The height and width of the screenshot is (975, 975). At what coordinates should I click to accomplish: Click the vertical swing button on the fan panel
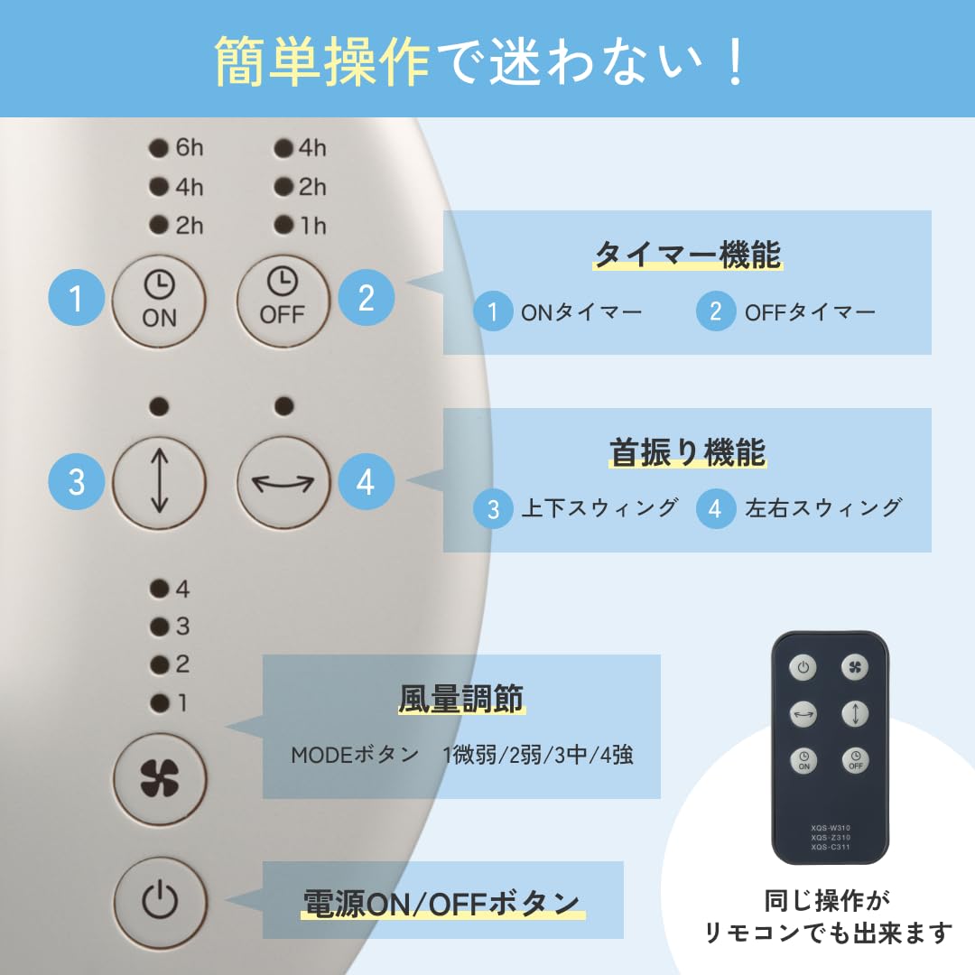159,481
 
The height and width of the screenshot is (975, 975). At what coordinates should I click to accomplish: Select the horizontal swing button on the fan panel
283,481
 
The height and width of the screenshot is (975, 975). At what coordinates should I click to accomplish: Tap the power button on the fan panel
159,900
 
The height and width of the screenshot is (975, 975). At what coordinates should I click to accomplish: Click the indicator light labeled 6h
160,148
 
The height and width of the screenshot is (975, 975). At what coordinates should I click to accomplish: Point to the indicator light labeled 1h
284,224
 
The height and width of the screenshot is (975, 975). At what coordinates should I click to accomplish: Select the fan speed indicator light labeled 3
160,627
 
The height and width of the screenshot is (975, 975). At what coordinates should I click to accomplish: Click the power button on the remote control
803,668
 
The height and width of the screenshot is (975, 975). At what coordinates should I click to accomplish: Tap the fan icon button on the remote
855,668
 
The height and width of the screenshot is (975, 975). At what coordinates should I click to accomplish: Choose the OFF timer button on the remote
855,760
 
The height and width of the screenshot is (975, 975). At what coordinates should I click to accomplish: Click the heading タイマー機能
687,255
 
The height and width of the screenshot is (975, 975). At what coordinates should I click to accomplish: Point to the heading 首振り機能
687,452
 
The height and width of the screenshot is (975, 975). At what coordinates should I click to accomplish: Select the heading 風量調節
460,699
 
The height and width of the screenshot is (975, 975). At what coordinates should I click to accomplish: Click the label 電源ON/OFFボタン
441,902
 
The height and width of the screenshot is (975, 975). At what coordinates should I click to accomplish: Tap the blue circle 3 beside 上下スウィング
493,509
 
